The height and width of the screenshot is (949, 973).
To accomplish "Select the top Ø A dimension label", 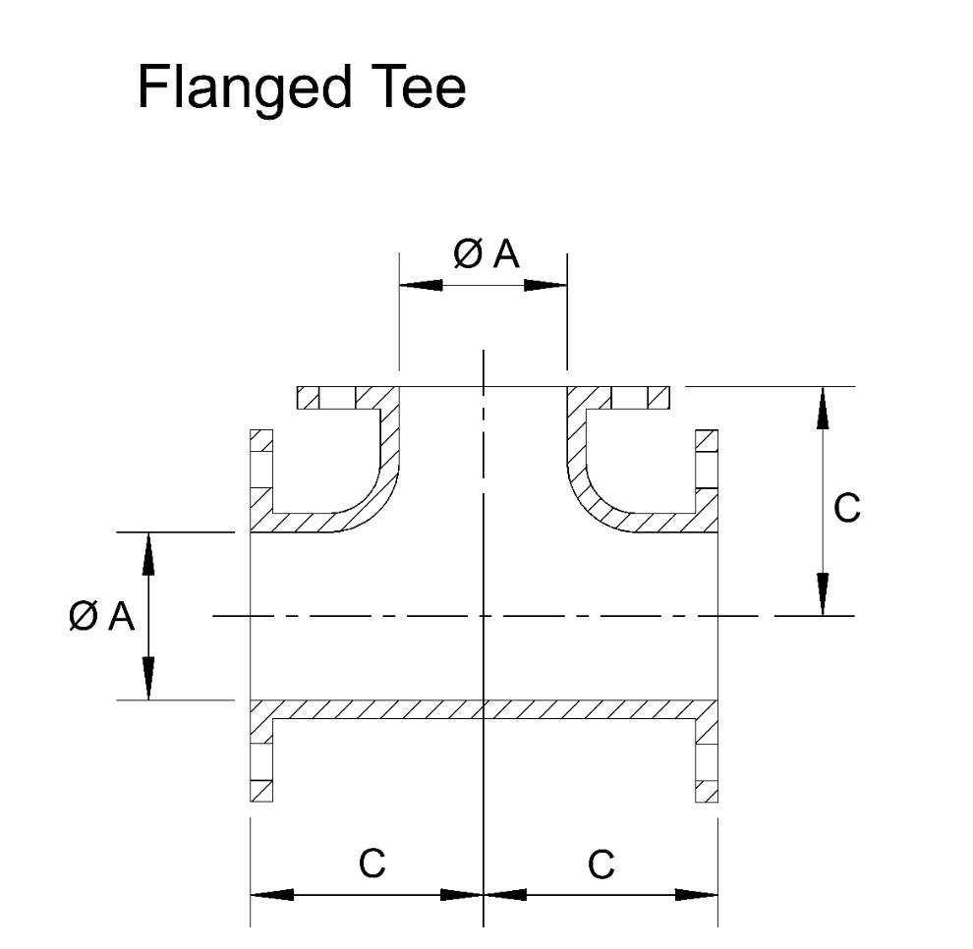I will point(484,254).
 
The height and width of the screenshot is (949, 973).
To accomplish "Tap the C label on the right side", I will point(846,507).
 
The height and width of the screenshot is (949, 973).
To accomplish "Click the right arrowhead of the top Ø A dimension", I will point(545,285).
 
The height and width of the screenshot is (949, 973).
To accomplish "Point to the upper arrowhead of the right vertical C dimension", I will point(823,408).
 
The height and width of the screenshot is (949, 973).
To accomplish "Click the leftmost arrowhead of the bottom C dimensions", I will point(272,895).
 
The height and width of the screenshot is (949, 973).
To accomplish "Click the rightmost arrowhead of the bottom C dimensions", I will point(697,895).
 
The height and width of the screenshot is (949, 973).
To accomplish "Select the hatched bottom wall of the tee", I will point(484,708).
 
